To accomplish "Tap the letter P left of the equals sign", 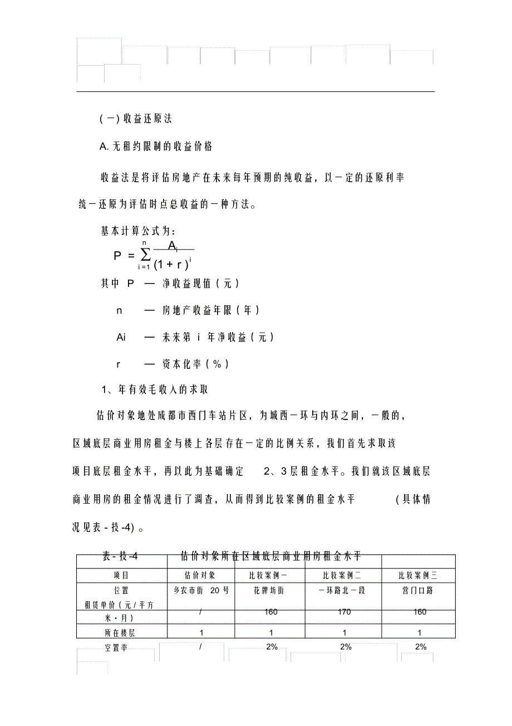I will pyautogui.click(x=117, y=256).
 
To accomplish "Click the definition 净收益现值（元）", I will pyautogui.click(x=201, y=284).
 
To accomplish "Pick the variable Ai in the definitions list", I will pyautogui.click(x=121, y=337).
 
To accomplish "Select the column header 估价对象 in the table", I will pyautogui.click(x=199, y=576).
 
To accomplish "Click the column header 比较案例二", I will pyautogui.click(x=345, y=576).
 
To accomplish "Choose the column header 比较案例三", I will pyautogui.click(x=420, y=576).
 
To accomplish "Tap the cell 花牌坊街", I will pyautogui.click(x=269, y=591).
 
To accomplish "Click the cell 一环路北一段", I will pyautogui.click(x=345, y=591).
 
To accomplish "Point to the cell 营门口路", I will pyautogui.click(x=420, y=591).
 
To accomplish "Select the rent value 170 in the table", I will pyautogui.click(x=345, y=612).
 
